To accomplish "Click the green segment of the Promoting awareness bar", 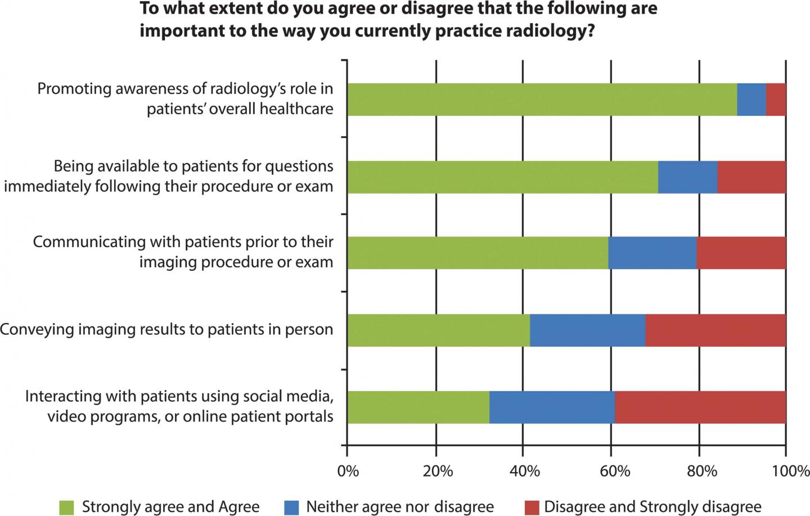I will (x=542, y=100).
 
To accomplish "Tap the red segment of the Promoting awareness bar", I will (x=776, y=100).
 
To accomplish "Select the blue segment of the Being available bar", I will (x=687, y=177).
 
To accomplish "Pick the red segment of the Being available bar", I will (x=751, y=177).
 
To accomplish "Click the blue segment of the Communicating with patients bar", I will (x=652, y=253).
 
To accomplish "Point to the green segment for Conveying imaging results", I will (x=438, y=330).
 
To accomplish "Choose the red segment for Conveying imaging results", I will (x=715, y=330).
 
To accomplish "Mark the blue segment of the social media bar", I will (x=552, y=407).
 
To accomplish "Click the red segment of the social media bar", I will (x=700, y=407).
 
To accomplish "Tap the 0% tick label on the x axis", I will (x=348, y=471).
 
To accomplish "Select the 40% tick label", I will (x=525, y=471).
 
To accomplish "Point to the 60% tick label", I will (x=614, y=471).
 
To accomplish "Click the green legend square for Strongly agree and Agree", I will (x=66, y=507).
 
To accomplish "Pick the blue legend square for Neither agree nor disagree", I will (x=291, y=507).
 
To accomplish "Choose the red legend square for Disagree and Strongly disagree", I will (x=531, y=507).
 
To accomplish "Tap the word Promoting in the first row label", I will (x=70, y=89).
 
